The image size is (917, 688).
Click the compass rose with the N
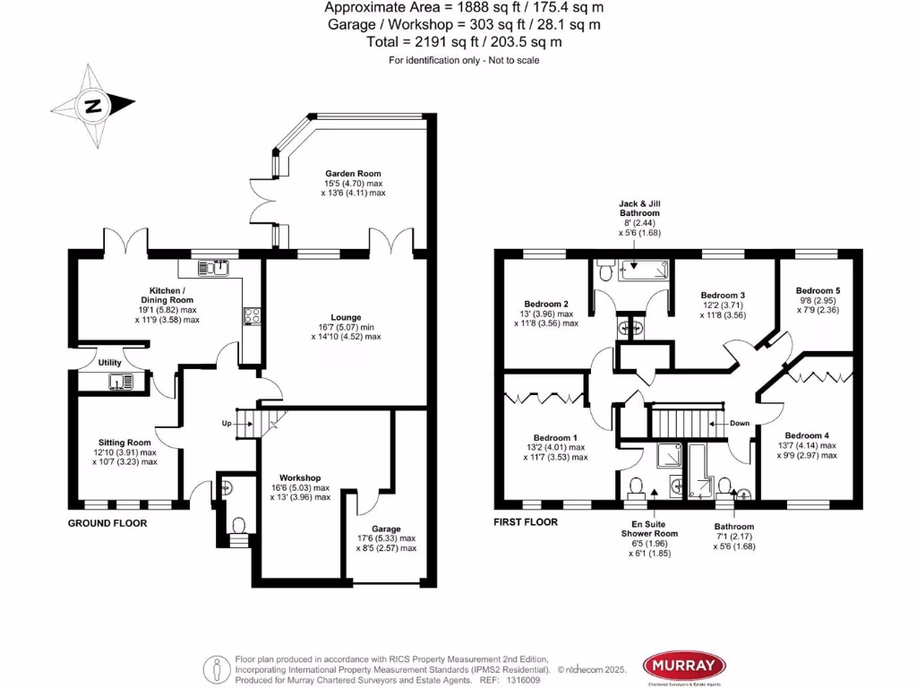(x=93, y=106)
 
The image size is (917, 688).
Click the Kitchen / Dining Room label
(x=167, y=300)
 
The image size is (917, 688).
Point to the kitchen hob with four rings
(x=253, y=315)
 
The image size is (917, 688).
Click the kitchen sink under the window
(x=215, y=267)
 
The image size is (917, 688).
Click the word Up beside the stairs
(x=227, y=423)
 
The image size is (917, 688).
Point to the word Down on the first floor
(x=740, y=423)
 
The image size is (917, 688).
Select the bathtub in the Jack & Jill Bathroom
(x=641, y=267)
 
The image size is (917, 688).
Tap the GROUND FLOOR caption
(x=107, y=523)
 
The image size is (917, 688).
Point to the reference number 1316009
(x=523, y=681)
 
